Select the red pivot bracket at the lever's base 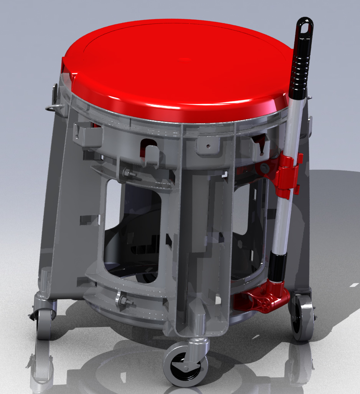point(265,300)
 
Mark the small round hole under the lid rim point(207,146)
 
